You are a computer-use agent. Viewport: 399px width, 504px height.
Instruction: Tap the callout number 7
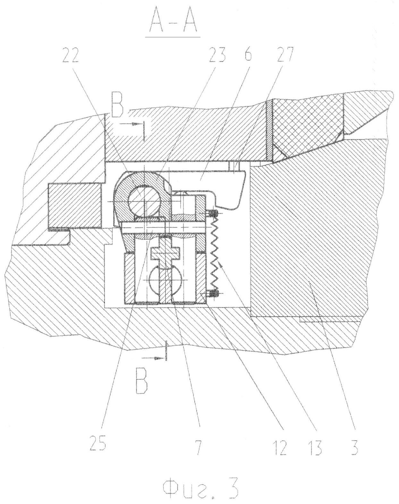198,442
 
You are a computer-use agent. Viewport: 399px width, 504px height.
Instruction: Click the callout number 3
354,442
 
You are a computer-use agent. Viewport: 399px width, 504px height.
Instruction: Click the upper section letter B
117,109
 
